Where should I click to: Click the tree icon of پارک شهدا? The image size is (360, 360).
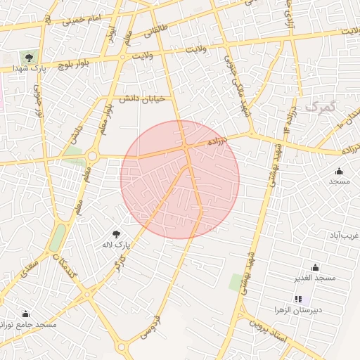(x=29, y=56)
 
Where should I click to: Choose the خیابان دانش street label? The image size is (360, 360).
(x=142, y=99)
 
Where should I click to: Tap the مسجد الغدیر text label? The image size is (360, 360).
(x=316, y=278)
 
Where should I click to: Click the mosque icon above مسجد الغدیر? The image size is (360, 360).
(x=315, y=267)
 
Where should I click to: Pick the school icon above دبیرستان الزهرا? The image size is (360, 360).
(x=297, y=300)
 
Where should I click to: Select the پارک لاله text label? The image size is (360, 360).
(x=120, y=245)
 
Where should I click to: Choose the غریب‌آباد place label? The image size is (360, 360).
(x=346, y=235)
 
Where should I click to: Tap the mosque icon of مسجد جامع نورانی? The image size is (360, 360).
(x=26, y=314)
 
